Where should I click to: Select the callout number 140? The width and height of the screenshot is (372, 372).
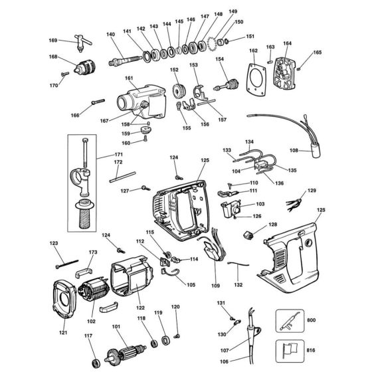(110, 35)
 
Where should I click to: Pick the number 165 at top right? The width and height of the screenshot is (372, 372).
(317, 52)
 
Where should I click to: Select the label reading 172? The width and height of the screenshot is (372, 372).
(118, 162)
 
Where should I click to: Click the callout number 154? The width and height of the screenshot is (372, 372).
(219, 59)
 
